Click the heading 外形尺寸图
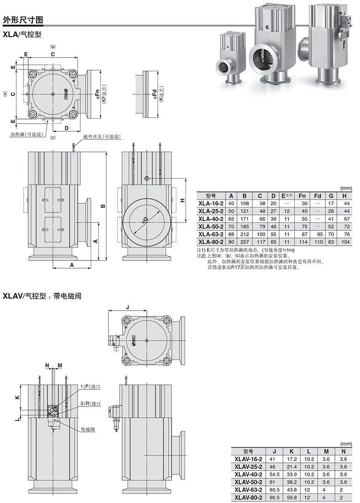click(23, 20)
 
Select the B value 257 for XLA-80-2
click(245, 242)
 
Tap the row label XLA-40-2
click(211, 219)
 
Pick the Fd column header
click(317, 196)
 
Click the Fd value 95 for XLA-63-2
click(317, 234)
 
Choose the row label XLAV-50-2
click(248, 482)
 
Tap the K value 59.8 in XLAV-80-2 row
click(292, 497)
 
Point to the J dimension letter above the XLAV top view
click(128, 307)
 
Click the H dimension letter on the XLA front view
click(182, 200)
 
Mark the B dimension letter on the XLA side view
click(103, 206)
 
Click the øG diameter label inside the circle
click(145, 219)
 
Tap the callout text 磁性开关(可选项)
click(102, 137)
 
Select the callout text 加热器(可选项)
click(27, 135)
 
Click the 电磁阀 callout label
click(88, 429)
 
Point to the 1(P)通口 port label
click(90, 387)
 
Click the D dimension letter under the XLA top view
click(67, 128)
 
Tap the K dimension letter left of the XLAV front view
click(18, 397)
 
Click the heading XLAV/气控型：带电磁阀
click(42, 296)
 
